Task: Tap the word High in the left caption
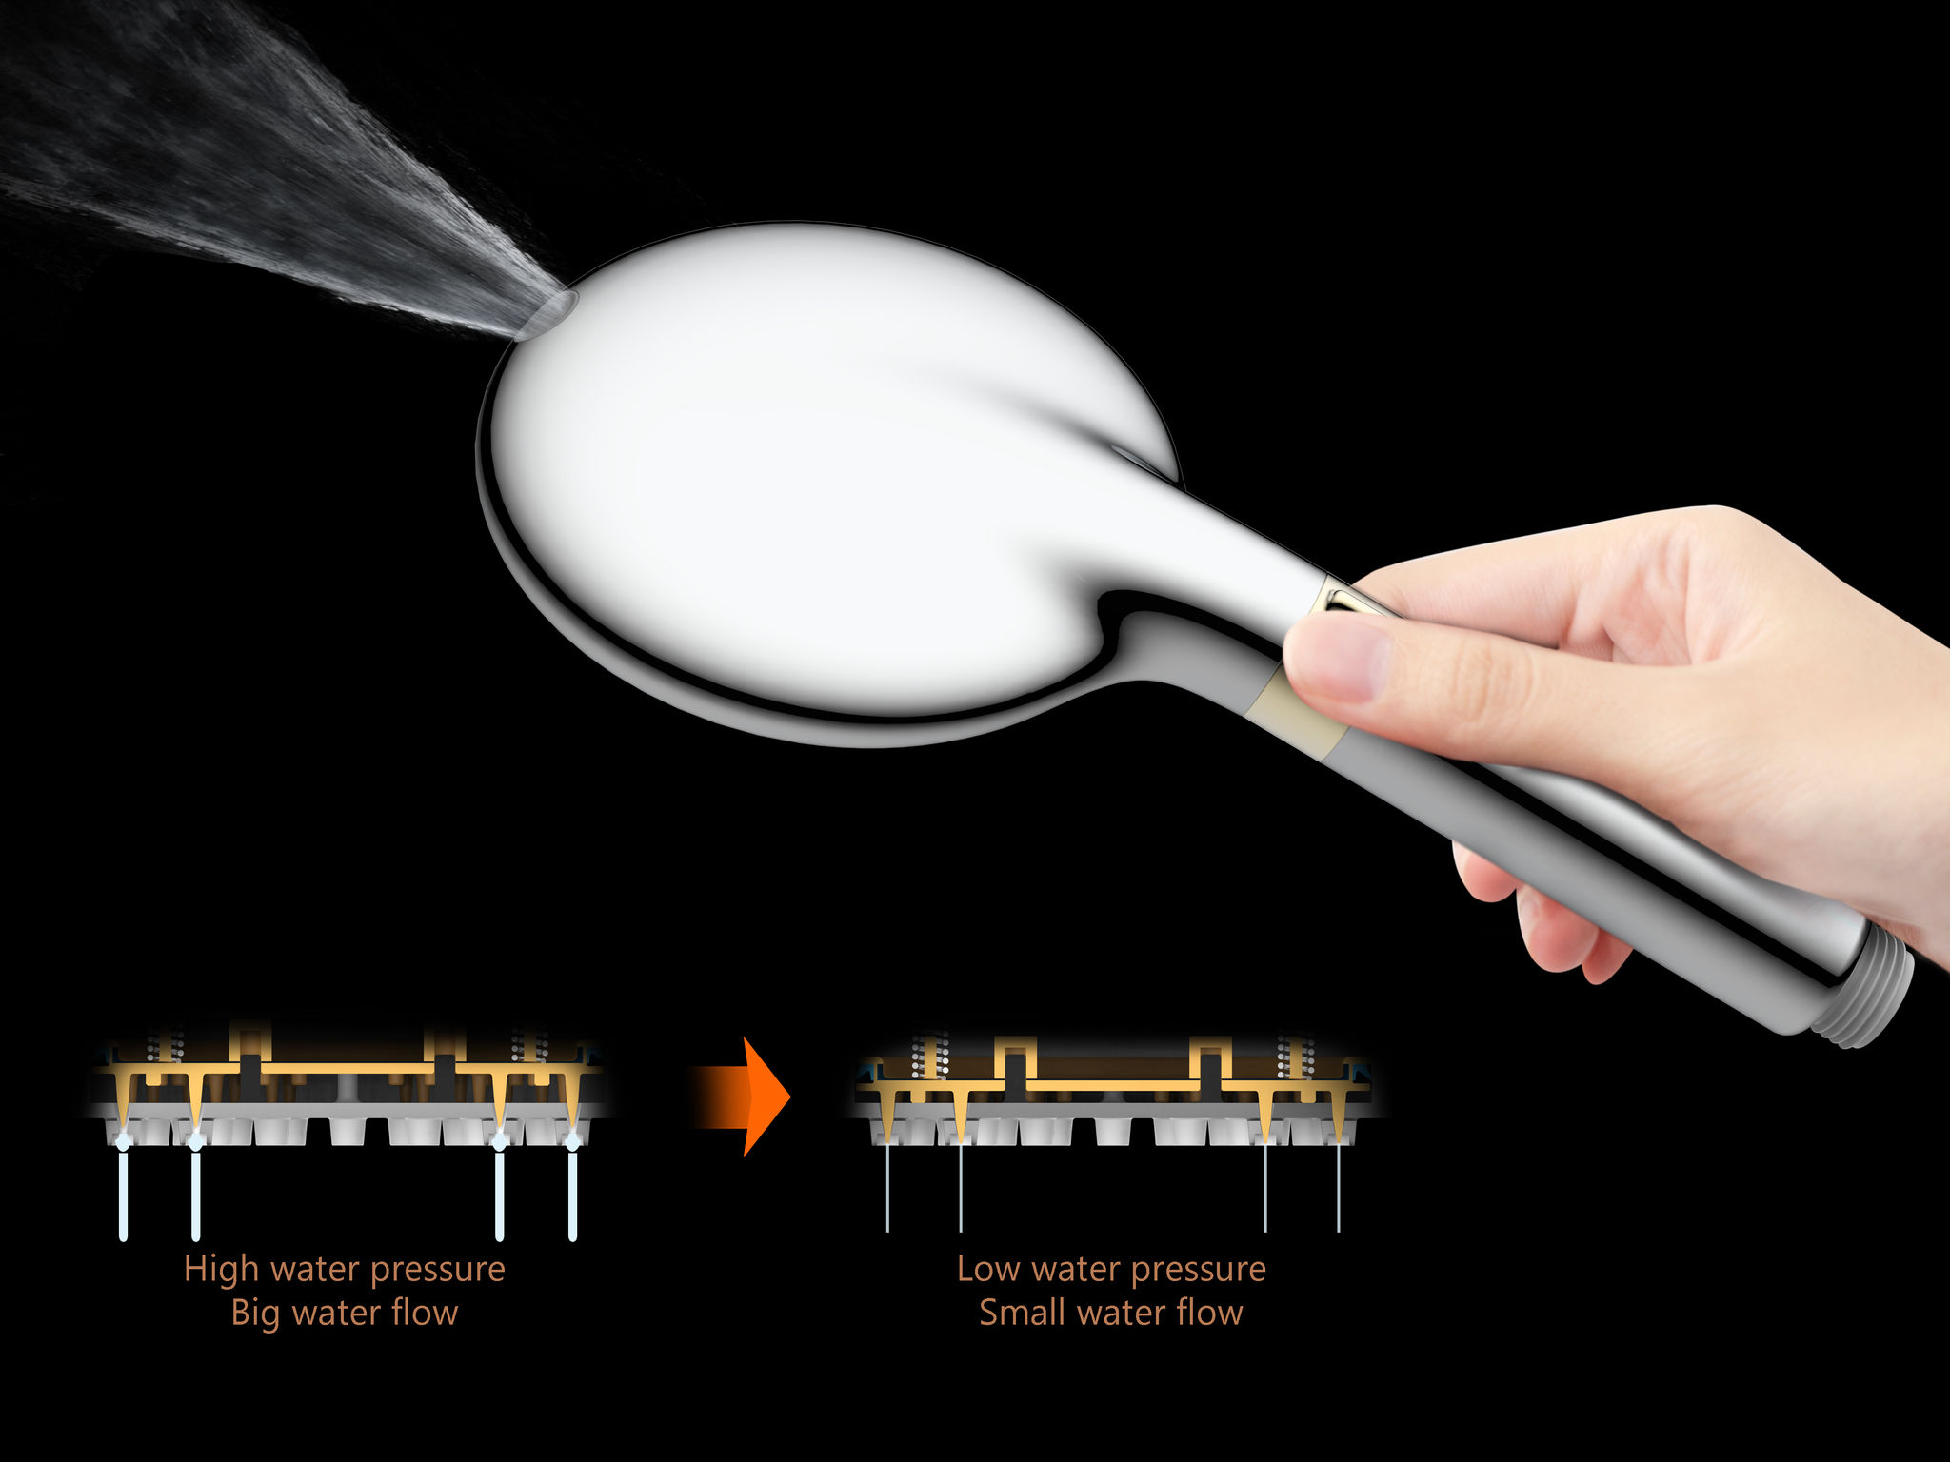pyautogui.click(x=221, y=1269)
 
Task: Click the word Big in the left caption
pyautogui.click(x=255, y=1314)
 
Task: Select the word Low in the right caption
pyautogui.click(x=987, y=1269)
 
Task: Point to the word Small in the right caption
pyautogui.click(x=1022, y=1313)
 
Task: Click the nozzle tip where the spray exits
pyautogui.click(x=548, y=314)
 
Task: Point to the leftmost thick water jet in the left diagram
pyautogui.click(x=123, y=1195)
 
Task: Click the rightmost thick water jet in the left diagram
pyautogui.click(x=572, y=1195)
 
